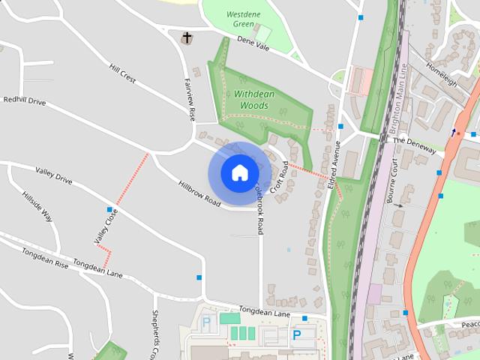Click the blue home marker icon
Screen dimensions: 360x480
click(239, 173)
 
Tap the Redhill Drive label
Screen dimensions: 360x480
click(24, 100)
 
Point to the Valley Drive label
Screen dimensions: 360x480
click(53, 175)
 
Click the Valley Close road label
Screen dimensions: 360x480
click(106, 226)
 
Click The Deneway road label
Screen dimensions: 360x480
click(413, 145)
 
